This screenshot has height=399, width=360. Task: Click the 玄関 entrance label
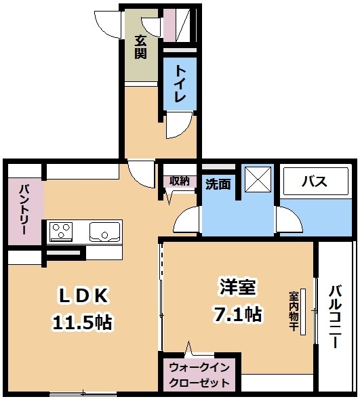coord(140,47)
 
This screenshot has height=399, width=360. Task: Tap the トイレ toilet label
coord(180,84)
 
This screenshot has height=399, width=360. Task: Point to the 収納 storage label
coord(180,181)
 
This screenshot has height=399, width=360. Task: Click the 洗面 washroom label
coord(218,184)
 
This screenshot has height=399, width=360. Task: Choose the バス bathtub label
coord(315,181)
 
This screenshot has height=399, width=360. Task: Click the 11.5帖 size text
coord(83,322)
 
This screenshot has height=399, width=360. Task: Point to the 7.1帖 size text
coord(238,314)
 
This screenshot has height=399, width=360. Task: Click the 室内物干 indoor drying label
coord(294,311)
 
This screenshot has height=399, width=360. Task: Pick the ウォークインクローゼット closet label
coord(199,375)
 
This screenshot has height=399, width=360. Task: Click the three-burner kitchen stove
coord(62,231)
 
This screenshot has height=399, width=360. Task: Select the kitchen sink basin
coord(104,232)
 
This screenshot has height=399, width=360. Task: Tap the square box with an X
coord(258,179)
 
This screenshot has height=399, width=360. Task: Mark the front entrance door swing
coord(107,25)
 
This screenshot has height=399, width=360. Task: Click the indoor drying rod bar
coord(303,312)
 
